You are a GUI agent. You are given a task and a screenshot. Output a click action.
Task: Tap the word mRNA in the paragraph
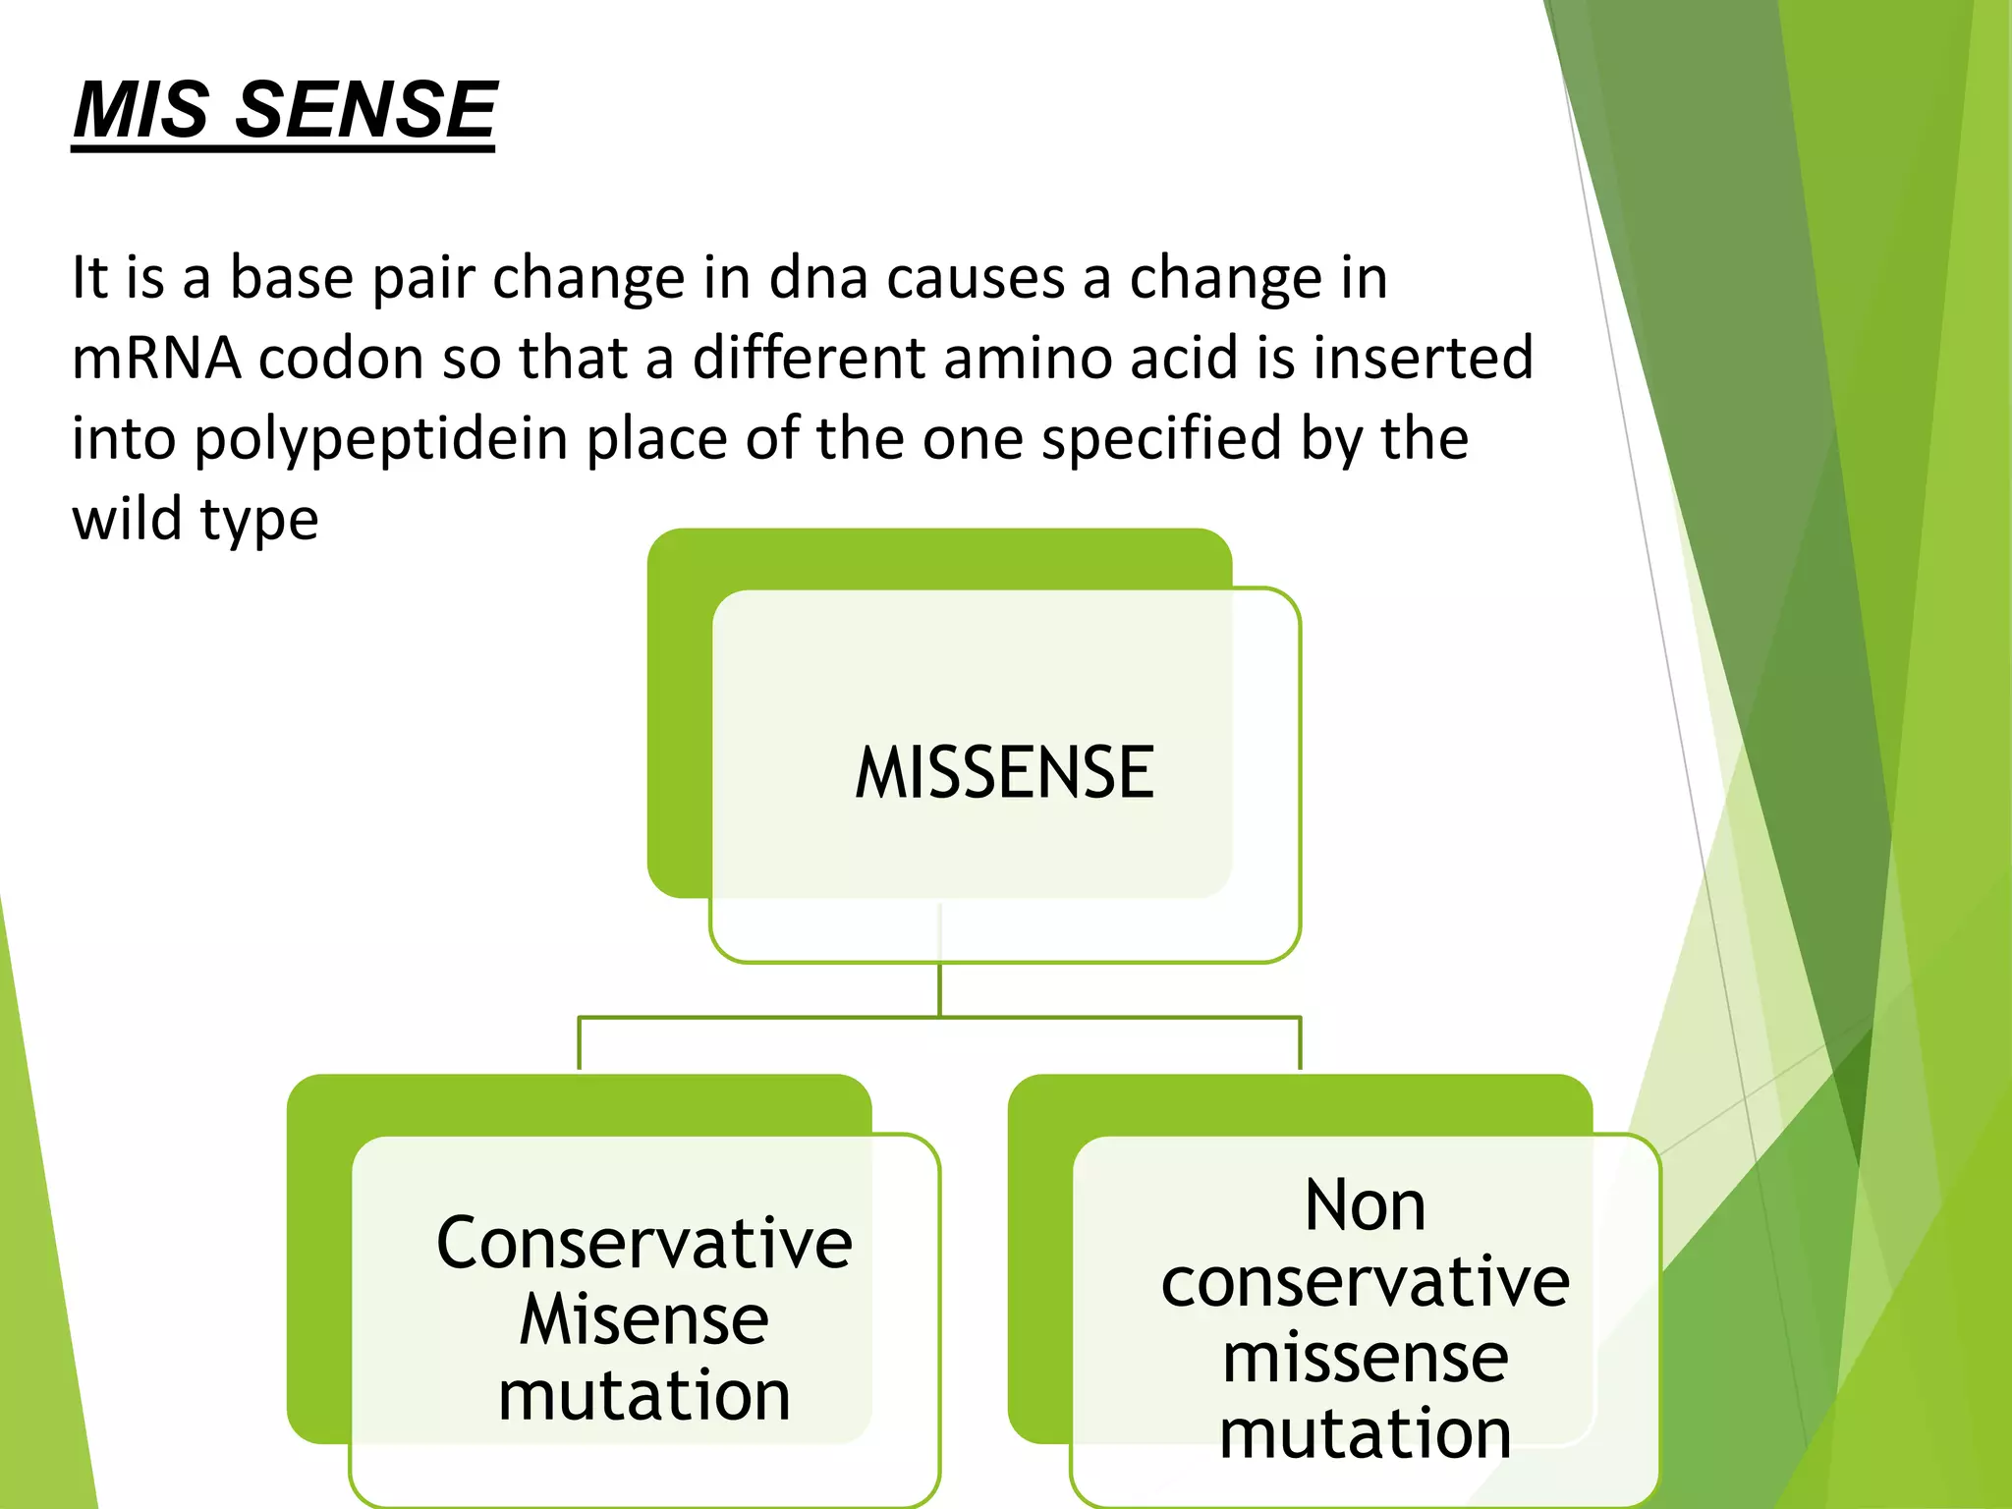156,358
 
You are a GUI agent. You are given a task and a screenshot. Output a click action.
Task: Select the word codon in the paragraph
341,358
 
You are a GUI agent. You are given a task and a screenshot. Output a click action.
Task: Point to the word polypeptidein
381,439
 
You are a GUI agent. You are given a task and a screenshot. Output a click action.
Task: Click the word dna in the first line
818,278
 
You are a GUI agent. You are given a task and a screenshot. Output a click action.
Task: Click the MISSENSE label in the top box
1004,773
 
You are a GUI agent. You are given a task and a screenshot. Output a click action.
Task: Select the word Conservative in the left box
643,1244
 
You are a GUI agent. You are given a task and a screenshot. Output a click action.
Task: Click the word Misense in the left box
643,1319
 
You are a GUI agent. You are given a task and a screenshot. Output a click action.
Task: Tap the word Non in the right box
1365,1205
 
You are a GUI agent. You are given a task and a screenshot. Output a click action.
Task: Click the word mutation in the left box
643,1396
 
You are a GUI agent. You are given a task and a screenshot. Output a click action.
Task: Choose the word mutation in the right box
1365,1434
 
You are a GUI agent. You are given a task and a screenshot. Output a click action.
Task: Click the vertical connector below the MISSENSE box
940,988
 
